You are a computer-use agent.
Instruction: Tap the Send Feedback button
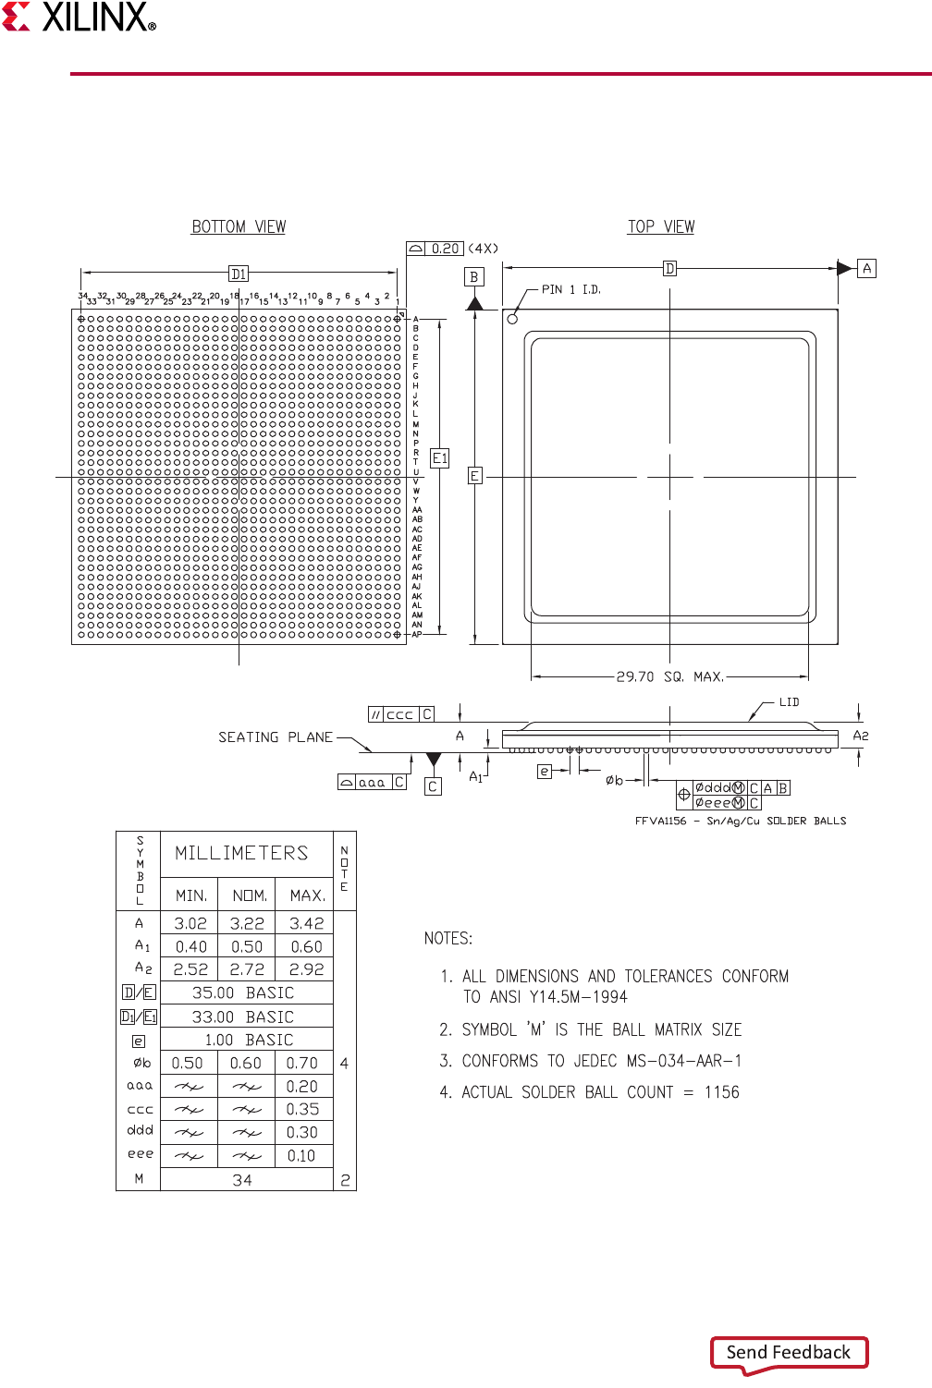pyautogui.click(x=789, y=1352)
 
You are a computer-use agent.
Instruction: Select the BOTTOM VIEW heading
pyautogui.click(x=239, y=227)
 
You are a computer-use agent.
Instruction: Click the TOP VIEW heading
pyautogui.click(x=661, y=227)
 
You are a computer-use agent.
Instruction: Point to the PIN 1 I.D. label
pyautogui.click(x=570, y=289)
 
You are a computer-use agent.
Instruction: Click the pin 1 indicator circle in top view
pyautogui.click(x=512, y=319)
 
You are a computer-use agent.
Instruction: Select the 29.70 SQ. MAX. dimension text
pyautogui.click(x=670, y=676)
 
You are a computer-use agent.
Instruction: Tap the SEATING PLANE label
pyautogui.click(x=275, y=737)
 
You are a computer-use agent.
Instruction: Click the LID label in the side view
pyautogui.click(x=789, y=702)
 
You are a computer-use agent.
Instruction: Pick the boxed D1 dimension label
pyautogui.click(x=239, y=274)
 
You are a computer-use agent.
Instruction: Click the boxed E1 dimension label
pyautogui.click(x=440, y=458)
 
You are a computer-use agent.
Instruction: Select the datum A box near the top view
pyautogui.click(x=866, y=268)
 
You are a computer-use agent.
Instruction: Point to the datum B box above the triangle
pyautogui.click(x=474, y=276)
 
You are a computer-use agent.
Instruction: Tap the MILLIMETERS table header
pyautogui.click(x=241, y=853)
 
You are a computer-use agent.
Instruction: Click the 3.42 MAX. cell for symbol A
pyautogui.click(x=306, y=923)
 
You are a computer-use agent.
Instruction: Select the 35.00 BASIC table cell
pyautogui.click(x=242, y=992)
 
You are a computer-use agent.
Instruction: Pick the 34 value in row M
pyautogui.click(x=242, y=1180)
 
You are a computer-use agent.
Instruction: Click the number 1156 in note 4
pyautogui.click(x=721, y=1092)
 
